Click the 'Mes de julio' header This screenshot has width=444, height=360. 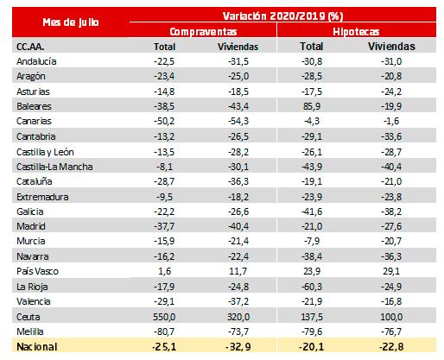tap(71, 22)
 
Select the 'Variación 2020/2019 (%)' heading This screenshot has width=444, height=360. tap(283, 16)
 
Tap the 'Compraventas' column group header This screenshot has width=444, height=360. tap(203, 31)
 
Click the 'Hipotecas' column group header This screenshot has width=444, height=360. tap(356, 31)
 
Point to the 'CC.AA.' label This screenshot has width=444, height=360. tap(30, 47)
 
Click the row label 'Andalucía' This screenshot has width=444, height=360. tap(36, 61)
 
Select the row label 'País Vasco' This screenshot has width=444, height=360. tap(37, 271)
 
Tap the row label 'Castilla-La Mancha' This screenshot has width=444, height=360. tap(54, 167)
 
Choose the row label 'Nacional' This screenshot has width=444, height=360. tap(37, 346)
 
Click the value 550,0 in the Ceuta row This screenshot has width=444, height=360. tap(164, 317)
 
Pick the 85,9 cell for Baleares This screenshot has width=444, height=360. tap(312, 106)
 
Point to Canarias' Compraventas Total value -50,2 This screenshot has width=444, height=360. tap(164, 121)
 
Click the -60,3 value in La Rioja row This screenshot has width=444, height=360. tap(312, 287)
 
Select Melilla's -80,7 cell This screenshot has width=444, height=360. tap(164, 332)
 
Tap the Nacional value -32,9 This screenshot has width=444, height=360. tap(238, 347)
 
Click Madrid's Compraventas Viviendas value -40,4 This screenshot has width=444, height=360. tap(238, 226)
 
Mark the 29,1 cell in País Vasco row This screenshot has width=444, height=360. tap(391, 271)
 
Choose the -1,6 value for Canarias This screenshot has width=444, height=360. tap(391, 121)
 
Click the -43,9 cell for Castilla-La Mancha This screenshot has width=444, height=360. tap(312, 167)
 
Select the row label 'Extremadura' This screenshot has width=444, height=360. tap(42, 197)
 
